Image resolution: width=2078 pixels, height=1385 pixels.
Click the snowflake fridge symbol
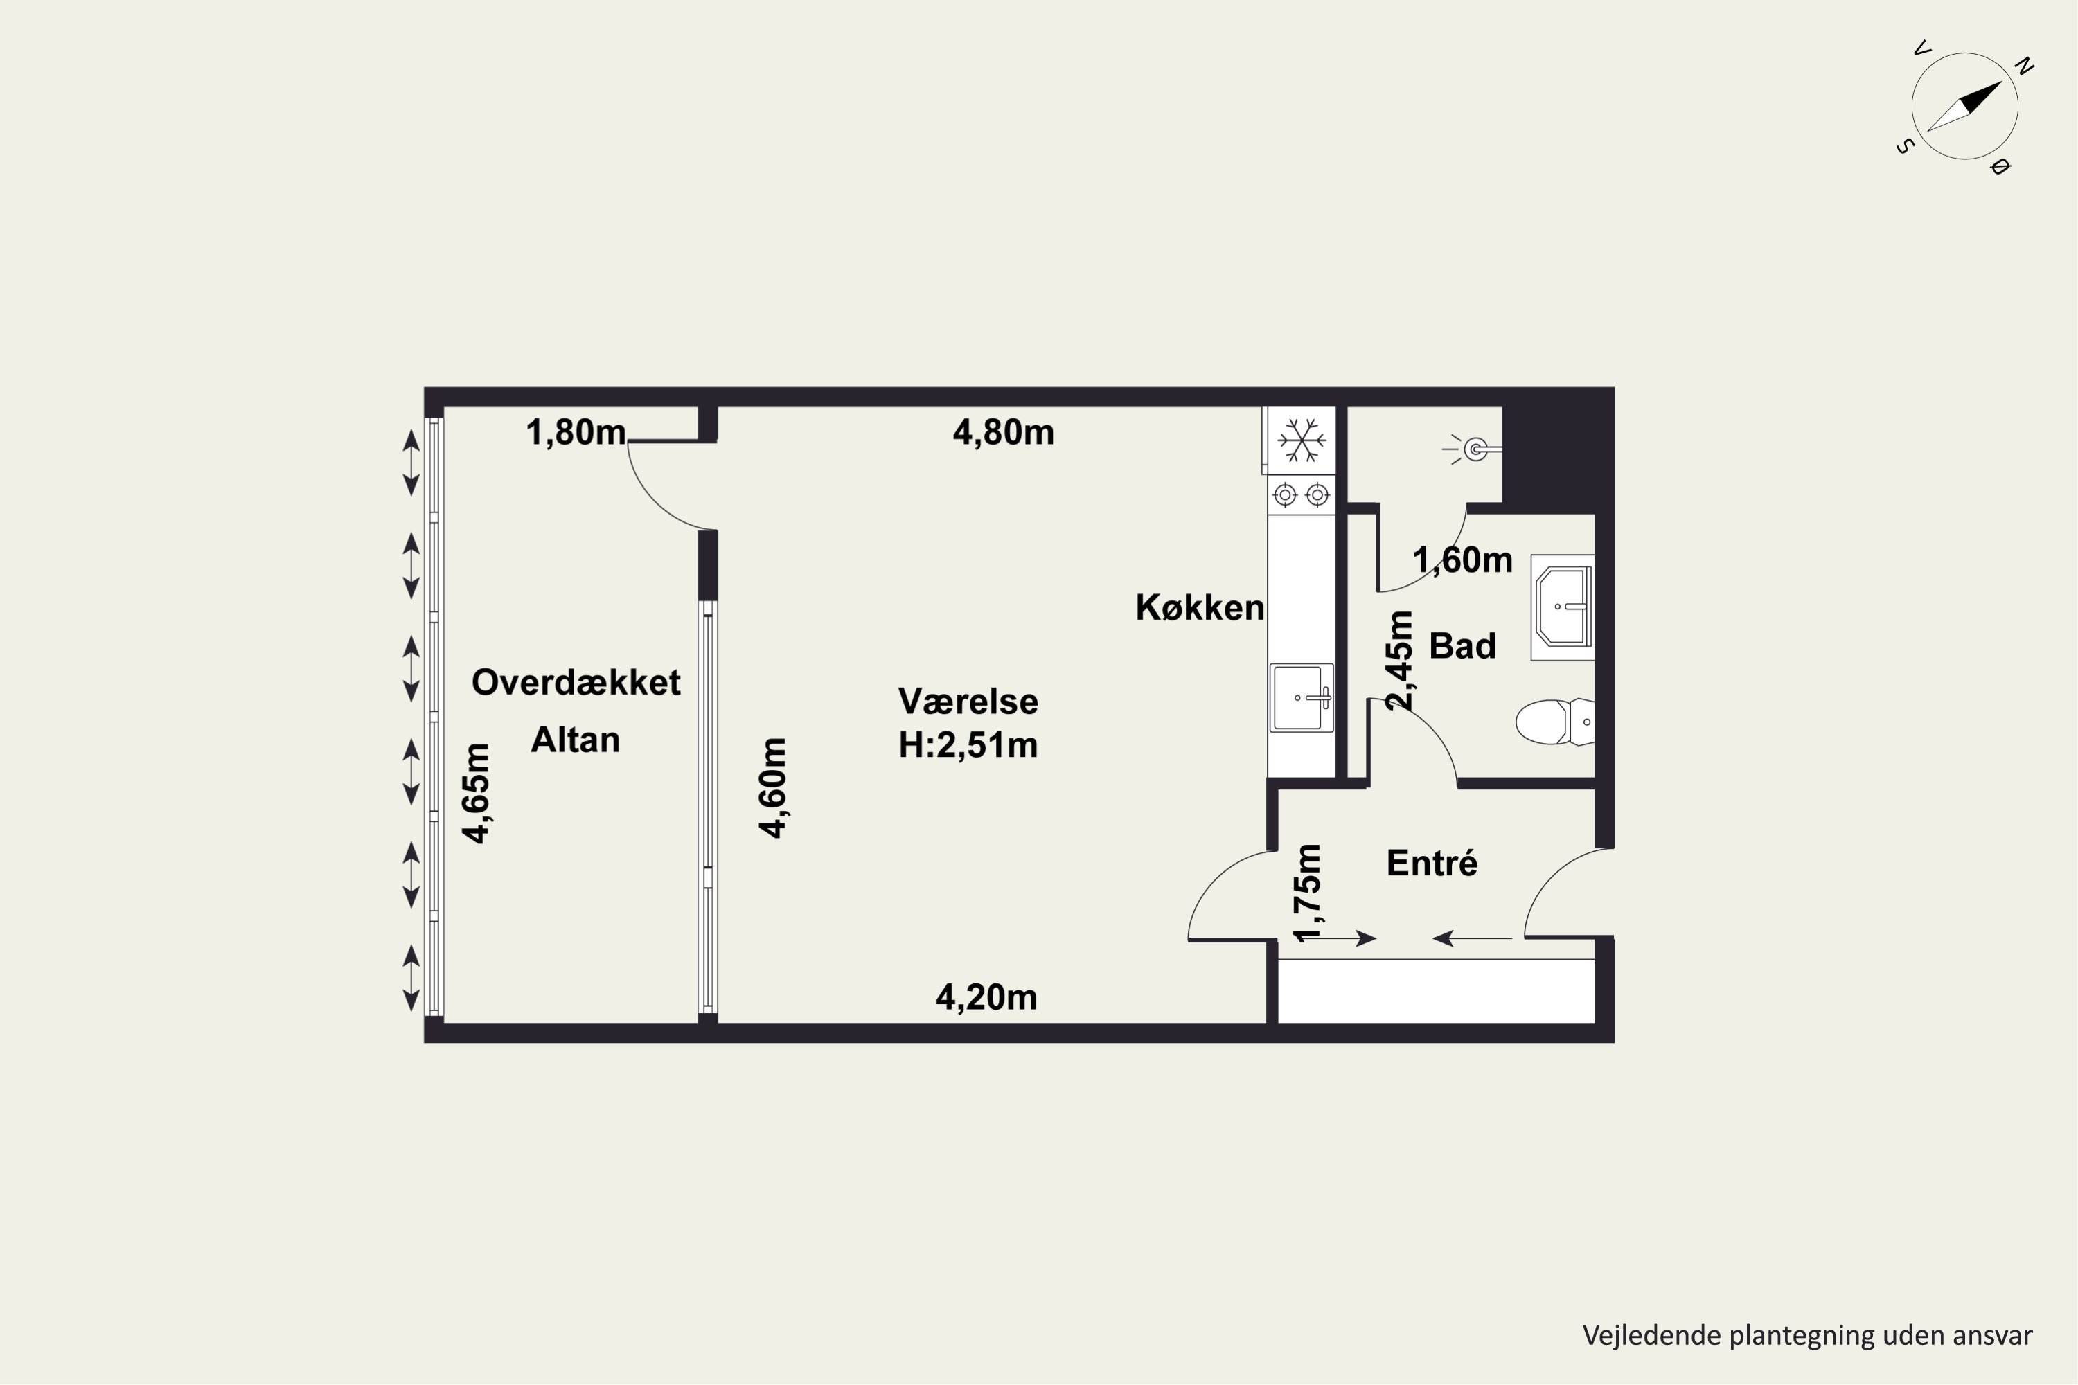[x=1302, y=440]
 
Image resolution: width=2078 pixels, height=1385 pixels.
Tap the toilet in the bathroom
[x=1555, y=722]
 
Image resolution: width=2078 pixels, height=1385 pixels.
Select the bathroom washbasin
[x=1563, y=608]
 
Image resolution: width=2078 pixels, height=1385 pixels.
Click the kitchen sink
[x=1302, y=698]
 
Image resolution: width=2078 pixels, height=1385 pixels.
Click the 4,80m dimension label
[x=1004, y=433]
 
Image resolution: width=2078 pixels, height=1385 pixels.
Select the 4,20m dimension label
[x=986, y=998]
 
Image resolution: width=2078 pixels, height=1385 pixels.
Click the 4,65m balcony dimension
[x=477, y=793]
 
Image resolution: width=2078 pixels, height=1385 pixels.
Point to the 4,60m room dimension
[x=773, y=787]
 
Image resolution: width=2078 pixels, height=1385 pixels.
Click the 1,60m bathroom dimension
[x=1463, y=561]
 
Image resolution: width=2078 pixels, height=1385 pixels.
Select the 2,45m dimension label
[x=1401, y=660]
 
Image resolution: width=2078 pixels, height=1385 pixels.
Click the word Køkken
[x=1200, y=608]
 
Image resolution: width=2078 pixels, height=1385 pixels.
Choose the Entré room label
[x=1431, y=863]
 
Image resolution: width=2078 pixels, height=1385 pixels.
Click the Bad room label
[x=1462, y=647]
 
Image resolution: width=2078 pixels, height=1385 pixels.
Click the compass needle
[x=1965, y=107]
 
